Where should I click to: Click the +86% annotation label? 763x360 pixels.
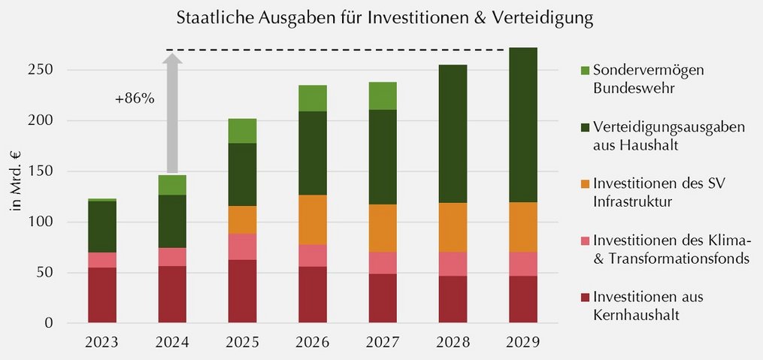pos(135,98)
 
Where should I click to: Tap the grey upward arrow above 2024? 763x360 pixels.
pos(172,113)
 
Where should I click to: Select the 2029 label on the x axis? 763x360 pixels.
pos(523,342)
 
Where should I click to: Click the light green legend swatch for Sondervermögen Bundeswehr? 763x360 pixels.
pos(584,71)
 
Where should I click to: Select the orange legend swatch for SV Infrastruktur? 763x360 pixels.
pos(584,184)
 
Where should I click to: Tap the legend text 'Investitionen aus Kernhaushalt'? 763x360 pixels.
pos(649,306)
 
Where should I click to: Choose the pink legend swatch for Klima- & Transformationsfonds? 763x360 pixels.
pos(584,241)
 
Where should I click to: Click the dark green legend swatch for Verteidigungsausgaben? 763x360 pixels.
pos(584,128)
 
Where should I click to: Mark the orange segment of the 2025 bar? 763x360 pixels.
pos(242,220)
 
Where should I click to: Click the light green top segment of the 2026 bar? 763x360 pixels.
pos(313,98)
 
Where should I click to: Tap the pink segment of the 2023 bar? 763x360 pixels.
pos(102,260)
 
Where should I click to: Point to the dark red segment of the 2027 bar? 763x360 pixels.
pos(383,298)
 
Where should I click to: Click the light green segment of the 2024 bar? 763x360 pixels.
pos(172,186)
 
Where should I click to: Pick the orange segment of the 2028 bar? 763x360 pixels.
pos(453,228)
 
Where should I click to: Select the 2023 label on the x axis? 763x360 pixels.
pos(102,342)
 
